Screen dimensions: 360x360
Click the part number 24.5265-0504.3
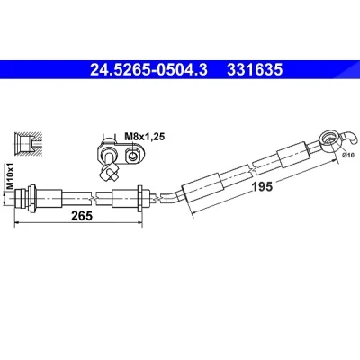click(x=148, y=70)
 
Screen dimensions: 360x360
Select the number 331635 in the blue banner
click(x=255, y=70)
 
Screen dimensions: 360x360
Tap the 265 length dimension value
click(x=82, y=215)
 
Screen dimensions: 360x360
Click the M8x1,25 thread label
click(x=145, y=137)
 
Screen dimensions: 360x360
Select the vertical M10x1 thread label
click(x=11, y=175)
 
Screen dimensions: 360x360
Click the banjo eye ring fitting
click(x=328, y=139)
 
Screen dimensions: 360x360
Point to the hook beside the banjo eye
click(x=351, y=138)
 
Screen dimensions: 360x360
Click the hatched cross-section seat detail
click(x=28, y=143)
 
